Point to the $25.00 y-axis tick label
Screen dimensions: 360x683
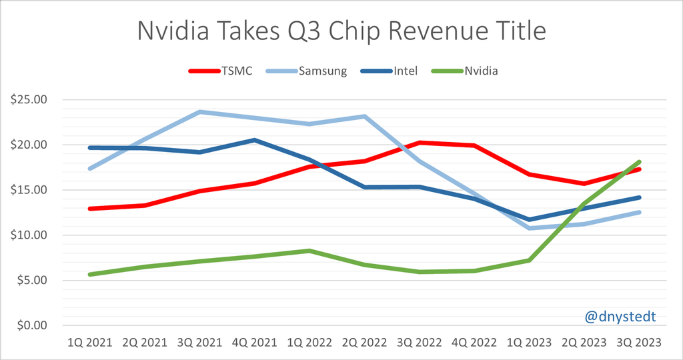pyautogui.click(x=27, y=99)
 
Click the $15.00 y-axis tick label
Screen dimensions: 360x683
pyautogui.click(x=27, y=190)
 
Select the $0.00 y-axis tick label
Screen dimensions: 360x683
pyautogui.click(x=30, y=325)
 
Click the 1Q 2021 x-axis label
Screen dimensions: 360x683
pyautogui.click(x=89, y=343)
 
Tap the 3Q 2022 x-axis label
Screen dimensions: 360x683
pyautogui.click(x=419, y=343)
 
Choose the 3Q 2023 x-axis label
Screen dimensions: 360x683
pyautogui.click(x=639, y=343)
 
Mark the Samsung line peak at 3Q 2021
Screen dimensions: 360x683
pyautogui.click(x=199, y=112)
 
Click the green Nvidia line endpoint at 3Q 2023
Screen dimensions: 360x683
pyautogui.click(x=639, y=162)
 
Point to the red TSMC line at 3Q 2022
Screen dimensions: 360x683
pyautogui.click(x=419, y=143)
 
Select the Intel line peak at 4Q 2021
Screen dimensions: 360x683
pyautogui.click(x=254, y=140)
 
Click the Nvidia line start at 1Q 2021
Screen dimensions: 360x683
pyautogui.click(x=89, y=274)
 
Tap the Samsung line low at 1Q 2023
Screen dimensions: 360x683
pyautogui.click(x=529, y=228)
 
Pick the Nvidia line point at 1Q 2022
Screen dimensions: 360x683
pyautogui.click(x=309, y=251)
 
